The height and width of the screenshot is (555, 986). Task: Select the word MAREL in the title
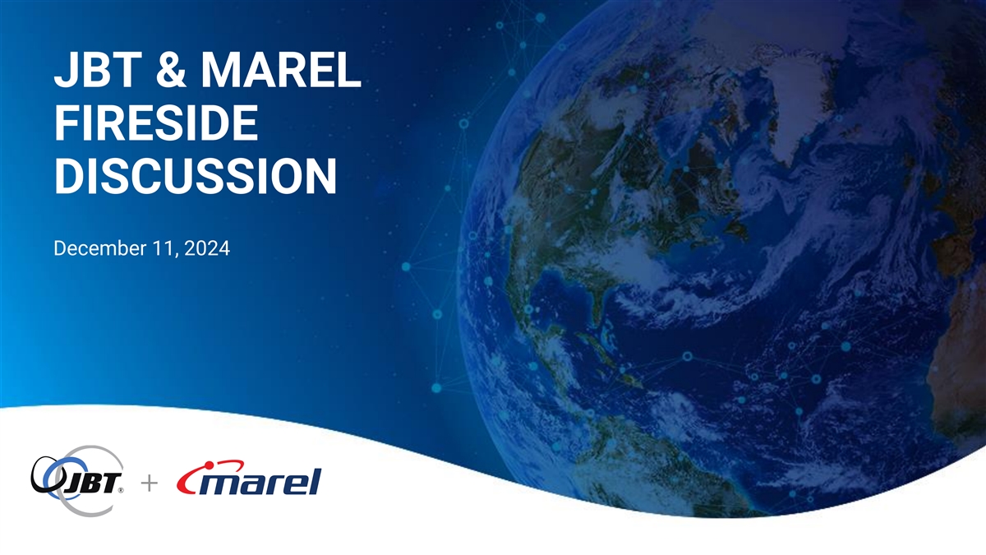281,70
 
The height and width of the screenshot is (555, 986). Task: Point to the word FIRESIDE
156,123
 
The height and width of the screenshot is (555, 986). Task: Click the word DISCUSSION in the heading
196,176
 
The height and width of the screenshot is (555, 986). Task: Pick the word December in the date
100,248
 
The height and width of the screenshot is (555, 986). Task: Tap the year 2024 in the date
207,248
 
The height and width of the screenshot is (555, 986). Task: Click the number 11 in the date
164,248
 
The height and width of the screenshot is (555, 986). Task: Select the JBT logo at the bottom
77,480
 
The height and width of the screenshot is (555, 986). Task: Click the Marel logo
249,478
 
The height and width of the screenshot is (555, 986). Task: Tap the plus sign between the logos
150,483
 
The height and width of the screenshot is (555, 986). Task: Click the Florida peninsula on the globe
596,305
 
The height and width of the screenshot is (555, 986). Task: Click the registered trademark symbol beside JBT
121,490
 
